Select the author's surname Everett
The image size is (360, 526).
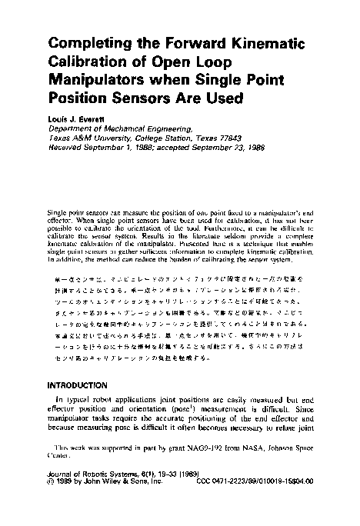[95, 119]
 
